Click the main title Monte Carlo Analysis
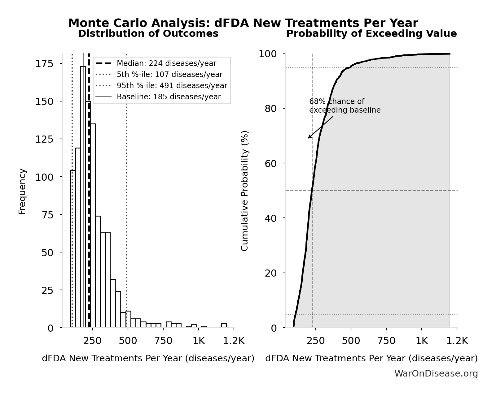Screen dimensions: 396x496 [243, 23]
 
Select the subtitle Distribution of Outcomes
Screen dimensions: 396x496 [148, 33]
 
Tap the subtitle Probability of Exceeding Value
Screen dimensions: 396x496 [371, 33]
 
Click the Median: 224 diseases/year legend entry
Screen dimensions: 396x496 [166, 63]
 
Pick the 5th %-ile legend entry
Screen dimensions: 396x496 [169, 75]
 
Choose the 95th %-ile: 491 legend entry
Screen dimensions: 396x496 [172, 86]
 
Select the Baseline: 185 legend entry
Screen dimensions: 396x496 [169, 97]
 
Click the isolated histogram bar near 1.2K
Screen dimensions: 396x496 [224, 325]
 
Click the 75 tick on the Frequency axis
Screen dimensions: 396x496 [47, 215]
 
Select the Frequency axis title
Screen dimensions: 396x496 [22, 191]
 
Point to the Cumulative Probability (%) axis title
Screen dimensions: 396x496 [244, 191]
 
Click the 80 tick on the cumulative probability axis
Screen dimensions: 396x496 [270, 109]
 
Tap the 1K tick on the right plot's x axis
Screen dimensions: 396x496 [422, 341]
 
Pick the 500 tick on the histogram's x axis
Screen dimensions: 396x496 [128, 341]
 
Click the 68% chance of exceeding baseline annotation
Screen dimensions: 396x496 [345, 106]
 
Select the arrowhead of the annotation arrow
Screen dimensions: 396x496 [309, 138]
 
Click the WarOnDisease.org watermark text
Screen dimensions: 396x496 [436, 374]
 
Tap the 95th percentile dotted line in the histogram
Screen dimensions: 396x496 [127, 217]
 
